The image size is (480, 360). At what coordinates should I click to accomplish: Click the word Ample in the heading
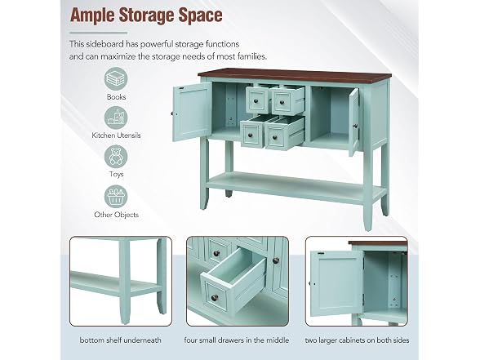92,16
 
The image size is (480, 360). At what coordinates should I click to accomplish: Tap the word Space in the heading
201,15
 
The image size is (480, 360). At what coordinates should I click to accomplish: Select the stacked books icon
116,79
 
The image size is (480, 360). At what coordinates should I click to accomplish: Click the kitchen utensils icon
116,118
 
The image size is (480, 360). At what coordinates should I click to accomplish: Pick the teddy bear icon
116,157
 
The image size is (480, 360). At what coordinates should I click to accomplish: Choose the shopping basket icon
116,196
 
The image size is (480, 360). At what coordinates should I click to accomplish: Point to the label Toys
116,174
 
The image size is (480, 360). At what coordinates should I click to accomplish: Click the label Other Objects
116,215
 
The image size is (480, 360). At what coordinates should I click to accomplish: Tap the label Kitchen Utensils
116,136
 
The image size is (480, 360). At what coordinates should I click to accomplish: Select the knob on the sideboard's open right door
355,126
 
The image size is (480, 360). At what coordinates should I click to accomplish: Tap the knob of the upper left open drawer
256,100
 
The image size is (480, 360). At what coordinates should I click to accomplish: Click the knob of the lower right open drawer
274,137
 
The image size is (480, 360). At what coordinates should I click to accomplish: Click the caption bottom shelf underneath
120,340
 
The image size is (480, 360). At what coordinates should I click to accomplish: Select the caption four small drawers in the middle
237,340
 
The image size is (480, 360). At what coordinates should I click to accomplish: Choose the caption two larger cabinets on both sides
357,340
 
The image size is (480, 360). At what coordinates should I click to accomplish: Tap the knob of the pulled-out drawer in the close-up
215,297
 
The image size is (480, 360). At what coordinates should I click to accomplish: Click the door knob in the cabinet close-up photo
313,284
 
